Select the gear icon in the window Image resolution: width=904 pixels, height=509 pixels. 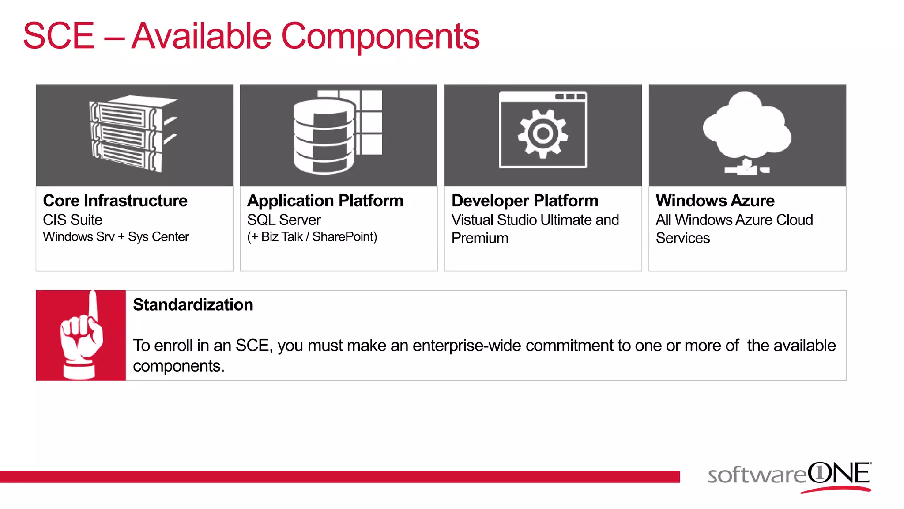(543, 133)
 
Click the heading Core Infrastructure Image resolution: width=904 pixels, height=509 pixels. (115, 201)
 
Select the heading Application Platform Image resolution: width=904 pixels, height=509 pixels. (325, 201)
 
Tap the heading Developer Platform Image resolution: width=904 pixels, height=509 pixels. (525, 201)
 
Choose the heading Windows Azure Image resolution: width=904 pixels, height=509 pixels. (715, 201)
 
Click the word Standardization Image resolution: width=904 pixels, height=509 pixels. (193, 305)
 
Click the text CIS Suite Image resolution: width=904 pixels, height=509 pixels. (72, 220)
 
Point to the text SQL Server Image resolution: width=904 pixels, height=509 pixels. (284, 220)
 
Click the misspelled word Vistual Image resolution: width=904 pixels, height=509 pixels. (472, 220)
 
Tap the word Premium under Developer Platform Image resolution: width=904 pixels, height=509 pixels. (480, 238)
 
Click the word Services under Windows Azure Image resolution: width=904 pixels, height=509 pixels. (682, 238)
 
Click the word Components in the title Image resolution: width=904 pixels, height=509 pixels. (380, 36)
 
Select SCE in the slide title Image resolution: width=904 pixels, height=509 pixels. (59, 36)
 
